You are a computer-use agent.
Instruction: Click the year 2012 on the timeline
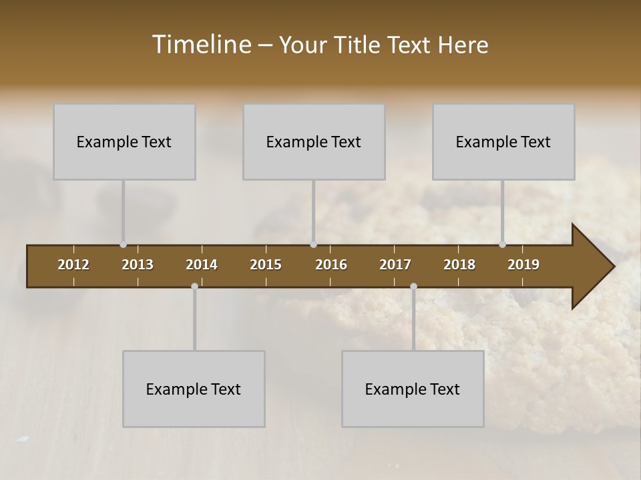coord(73,265)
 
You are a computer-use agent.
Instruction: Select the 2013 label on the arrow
coord(138,265)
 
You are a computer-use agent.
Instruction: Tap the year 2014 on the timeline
coord(202,265)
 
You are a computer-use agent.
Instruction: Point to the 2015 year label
coord(266,265)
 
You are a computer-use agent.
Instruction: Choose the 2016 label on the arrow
coord(331,265)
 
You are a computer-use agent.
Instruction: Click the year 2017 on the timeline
coord(395,265)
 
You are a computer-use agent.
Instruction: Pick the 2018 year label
coord(459,265)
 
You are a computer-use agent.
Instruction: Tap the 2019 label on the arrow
coord(523,265)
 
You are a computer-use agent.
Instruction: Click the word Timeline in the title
coord(201,45)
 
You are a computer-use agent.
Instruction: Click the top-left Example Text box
coord(124,142)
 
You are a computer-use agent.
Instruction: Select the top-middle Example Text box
coord(314,142)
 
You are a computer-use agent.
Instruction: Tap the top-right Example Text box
coord(503,142)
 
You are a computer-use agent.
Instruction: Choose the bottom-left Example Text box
coord(194,389)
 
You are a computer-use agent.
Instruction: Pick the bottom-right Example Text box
coord(413,389)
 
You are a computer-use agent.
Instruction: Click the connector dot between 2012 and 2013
coord(123,245)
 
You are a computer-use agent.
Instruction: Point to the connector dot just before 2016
coord(313,245)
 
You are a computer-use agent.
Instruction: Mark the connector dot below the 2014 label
coord(194,286)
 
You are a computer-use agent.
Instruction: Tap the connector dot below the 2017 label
coord(413,286)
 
